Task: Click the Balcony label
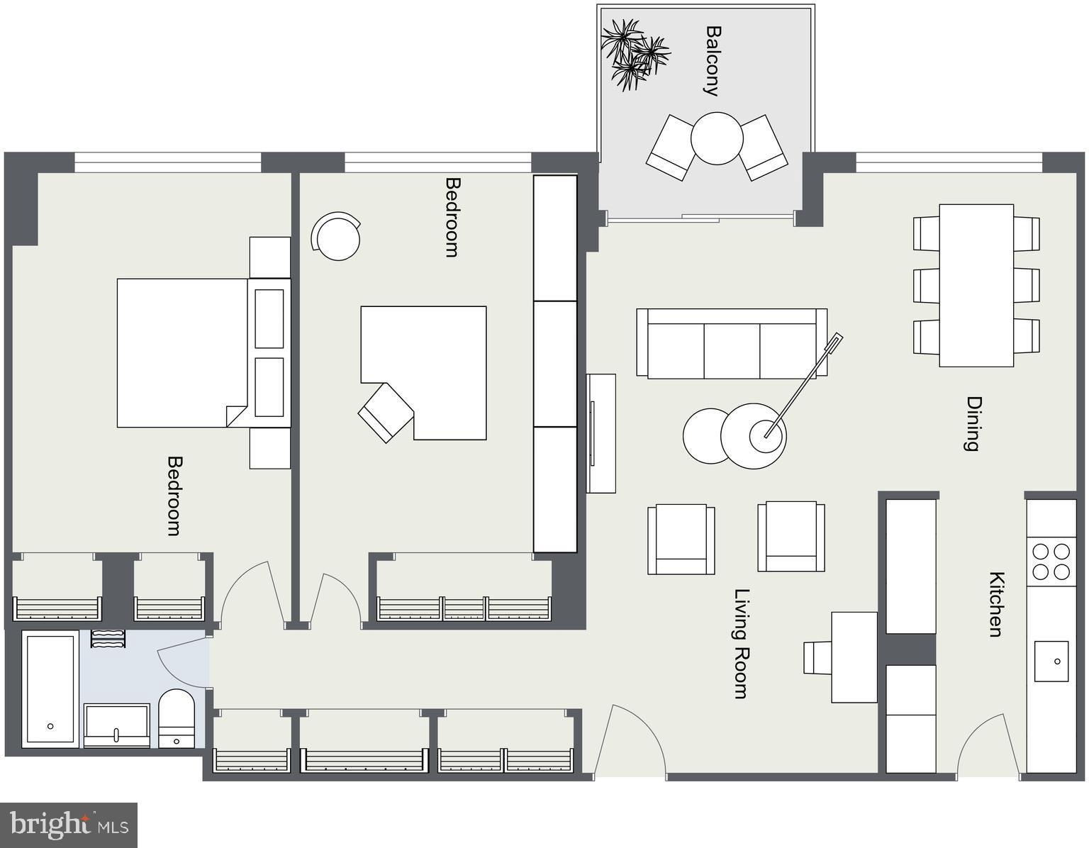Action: tap(713, 61)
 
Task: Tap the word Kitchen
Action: tap(996, 604)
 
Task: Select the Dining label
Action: tap(973, 423)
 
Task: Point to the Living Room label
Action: tap(742, 643)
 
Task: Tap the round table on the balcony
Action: tap(717, 138)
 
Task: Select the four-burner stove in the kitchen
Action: tap(1051, 562)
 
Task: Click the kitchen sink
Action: tap(1051, 661)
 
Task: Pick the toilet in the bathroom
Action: tap(176, 718)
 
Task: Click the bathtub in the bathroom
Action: tap(50, 689)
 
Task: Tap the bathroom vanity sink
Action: tap(116, 725)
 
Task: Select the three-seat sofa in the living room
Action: tap(732, 344)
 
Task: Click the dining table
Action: tap(976, 285)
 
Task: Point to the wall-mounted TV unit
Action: tap(601, 433)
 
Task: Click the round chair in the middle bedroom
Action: tap(337, 236)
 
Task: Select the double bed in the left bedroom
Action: tap(182, 352)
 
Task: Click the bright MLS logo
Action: tap(69, 825)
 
